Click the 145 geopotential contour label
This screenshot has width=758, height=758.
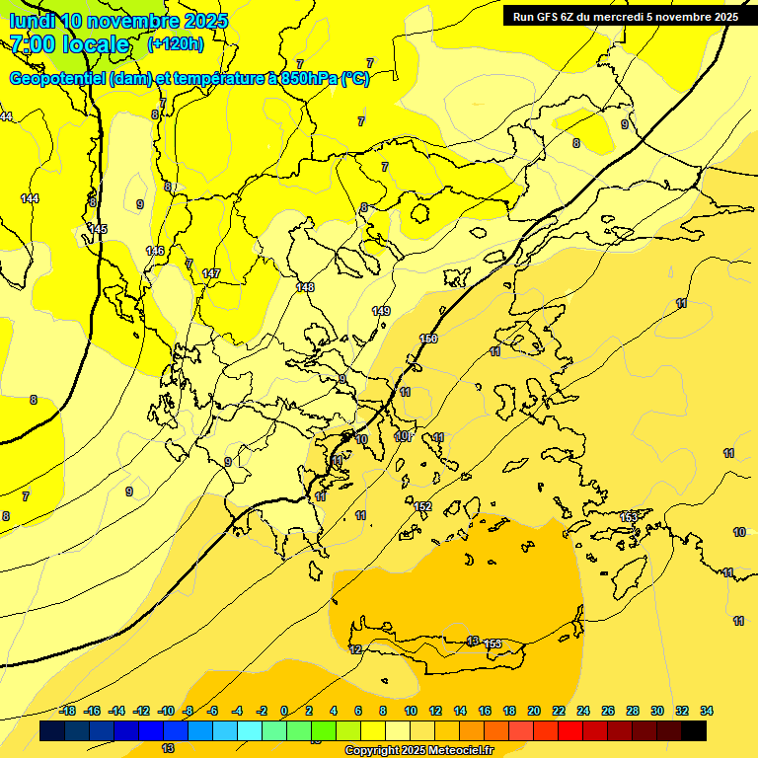coord(98,229)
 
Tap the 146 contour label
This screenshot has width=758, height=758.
coord(155,251)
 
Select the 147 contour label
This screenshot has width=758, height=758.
coord(211,273)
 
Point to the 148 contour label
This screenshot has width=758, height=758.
coord(305,287)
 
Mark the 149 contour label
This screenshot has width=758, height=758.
coord(381,311)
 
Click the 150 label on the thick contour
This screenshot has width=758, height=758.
coord(428,339)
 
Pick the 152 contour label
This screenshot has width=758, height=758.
coord(423,506)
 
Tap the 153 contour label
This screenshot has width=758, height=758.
coord(629,517)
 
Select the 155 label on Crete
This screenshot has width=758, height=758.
coord(493,644)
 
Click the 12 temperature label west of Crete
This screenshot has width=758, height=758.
coord(355,649)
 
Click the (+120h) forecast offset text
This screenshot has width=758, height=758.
coord(176,44)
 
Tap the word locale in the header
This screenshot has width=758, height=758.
coord(95,44)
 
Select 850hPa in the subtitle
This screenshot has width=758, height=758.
coord(309,79)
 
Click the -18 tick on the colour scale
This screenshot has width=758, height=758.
coord(67,711)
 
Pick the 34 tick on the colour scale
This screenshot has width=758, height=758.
coord(707,711)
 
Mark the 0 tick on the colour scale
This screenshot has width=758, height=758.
coord(284,711)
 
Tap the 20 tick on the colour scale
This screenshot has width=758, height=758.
coord(534,711)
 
